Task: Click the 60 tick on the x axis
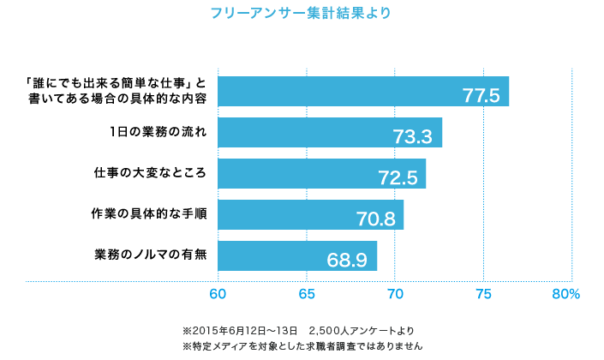tap(218, 294)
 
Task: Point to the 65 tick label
tap(307, 294)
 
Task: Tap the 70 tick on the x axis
tap(395, 294)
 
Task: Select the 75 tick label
tap(483, 294)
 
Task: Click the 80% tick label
tap(566, 294)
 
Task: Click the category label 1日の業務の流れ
tap(158, 132)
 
